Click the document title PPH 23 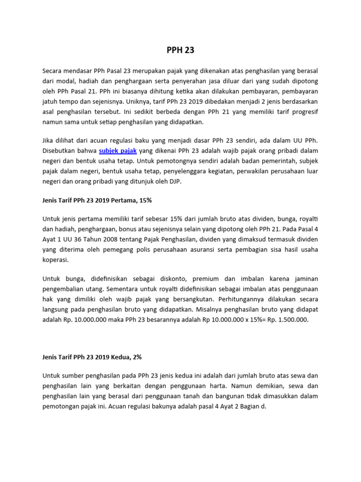180,50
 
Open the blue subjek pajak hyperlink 118,151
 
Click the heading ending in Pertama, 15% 97,200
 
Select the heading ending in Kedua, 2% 92,357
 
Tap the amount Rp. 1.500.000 288,319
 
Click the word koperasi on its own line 55,259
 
